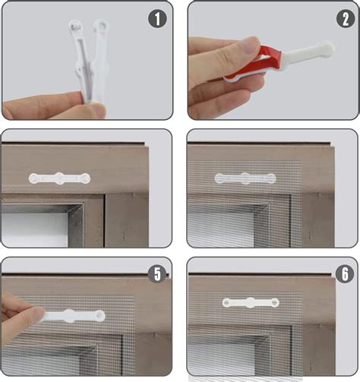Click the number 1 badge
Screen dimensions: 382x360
coord(156,18)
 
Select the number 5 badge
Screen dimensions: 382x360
coord(157,274)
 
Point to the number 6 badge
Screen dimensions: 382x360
coord(343,274)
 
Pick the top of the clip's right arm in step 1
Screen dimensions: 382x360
coord(100,27)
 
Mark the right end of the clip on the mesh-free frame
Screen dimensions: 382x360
coord(86,178)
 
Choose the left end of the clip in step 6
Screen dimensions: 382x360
coord(228,302)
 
